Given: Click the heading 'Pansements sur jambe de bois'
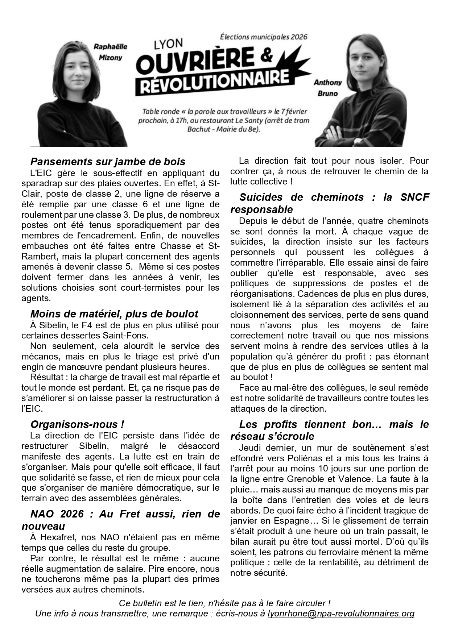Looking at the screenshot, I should (108, 162).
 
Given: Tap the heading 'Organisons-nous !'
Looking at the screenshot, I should (77, 424).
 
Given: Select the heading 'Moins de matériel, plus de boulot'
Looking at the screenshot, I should (114, 314).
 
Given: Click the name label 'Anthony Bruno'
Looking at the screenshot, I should (327, 88).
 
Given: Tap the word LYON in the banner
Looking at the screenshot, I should (168, 44).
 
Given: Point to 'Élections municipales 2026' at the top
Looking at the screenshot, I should (264, 37).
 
